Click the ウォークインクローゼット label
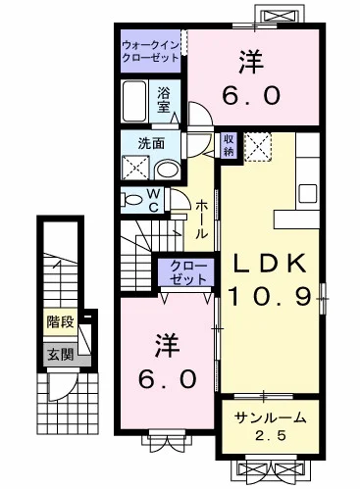151,51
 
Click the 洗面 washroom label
137,142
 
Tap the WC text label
154,200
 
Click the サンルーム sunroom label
271,417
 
